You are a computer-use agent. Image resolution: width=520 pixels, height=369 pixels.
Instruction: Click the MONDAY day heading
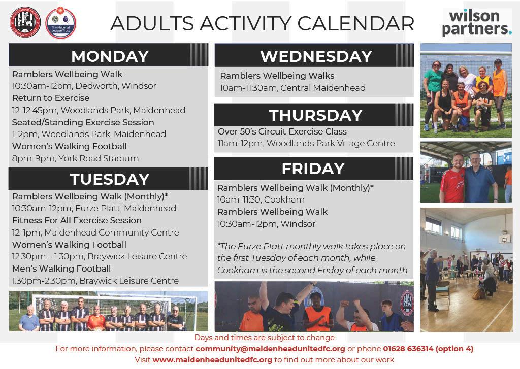(110, 56)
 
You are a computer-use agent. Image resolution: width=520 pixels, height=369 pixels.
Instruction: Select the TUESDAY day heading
(110, 179)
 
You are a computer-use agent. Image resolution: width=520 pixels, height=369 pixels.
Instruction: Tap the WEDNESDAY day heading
(316, 56)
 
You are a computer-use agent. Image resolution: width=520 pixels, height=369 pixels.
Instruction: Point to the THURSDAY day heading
(316, 115)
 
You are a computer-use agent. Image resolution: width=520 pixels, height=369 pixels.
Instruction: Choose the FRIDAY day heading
(313, 169)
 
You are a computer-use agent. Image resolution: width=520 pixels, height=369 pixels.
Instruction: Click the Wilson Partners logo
(476, 23)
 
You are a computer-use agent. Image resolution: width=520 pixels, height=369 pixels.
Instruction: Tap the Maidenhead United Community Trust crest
(25, 22)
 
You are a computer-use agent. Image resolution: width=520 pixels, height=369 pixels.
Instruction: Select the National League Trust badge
(61, 22)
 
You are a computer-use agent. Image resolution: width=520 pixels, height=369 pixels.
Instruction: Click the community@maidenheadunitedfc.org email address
(270, 349)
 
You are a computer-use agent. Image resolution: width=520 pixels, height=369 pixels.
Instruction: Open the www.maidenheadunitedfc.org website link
(212, 360)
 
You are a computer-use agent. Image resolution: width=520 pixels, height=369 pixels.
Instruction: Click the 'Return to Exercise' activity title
(51, 98)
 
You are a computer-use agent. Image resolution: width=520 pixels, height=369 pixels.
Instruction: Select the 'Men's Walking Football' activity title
(61, 269)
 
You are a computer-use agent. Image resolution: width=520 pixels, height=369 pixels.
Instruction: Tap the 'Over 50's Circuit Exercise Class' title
(282, 131)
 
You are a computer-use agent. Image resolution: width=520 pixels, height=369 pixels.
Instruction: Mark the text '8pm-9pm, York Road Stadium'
(75, 158)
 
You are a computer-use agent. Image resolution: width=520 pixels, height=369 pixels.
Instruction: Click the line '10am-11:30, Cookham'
(261, 199)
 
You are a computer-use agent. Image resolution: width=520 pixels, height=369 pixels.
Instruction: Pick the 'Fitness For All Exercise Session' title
(77, 220)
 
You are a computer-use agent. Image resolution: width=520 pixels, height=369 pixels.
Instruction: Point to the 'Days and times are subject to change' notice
(264, 338)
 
